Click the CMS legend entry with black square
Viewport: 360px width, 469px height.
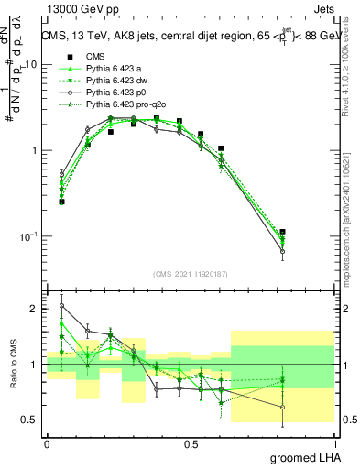click(x=96, y=57)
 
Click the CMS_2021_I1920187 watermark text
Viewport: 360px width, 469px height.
click(x=191, y=274)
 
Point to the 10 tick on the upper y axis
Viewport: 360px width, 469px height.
click(x=31, y=64)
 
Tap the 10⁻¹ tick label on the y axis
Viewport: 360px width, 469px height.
click(x=27, y=236)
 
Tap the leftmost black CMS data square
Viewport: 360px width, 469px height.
click(x=62, y=202)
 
